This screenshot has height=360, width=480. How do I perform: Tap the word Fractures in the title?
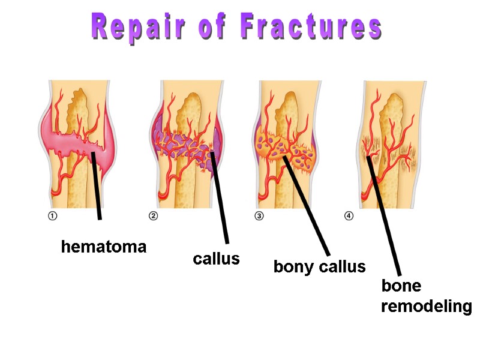311,28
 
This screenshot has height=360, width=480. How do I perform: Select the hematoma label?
104,247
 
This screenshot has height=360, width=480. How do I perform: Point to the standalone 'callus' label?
216,259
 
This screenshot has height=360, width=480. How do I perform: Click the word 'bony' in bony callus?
293,266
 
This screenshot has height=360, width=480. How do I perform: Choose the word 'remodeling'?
427,307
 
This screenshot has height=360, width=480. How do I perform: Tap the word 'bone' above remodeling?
401,286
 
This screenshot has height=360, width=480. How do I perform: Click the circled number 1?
52,217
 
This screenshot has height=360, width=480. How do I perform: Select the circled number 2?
153,217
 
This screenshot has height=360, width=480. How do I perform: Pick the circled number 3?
259,217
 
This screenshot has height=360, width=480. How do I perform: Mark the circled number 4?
349,217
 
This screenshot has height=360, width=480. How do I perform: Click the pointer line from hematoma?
97,186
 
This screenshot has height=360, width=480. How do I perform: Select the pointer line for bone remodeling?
384,216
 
